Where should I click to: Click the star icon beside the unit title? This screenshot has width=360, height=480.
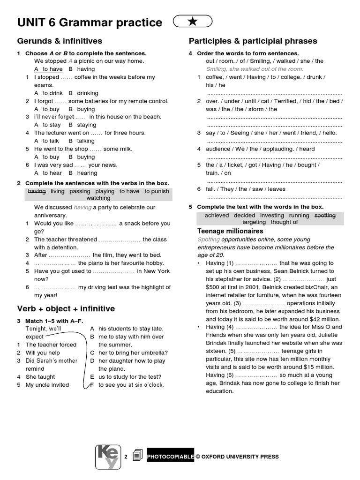pos(193,21)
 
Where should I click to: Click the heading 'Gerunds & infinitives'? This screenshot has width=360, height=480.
pos(60,41)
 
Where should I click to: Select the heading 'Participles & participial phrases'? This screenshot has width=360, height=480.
pos(253,41)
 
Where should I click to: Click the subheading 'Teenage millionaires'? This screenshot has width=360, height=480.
pos(230,231)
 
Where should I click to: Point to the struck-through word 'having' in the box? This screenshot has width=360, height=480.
pos(37,191)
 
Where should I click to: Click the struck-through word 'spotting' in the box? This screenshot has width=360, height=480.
pos(325,215)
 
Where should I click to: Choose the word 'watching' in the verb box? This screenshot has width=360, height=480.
pos(98,198)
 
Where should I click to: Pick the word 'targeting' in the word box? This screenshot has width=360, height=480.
pos(254,222)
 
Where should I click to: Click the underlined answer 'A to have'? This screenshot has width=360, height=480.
pos(48,69)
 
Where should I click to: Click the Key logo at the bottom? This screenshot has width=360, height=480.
pos(108,456)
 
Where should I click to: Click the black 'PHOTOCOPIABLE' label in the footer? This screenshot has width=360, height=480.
pos(170,457)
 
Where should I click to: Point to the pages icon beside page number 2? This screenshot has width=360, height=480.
pos(137,456)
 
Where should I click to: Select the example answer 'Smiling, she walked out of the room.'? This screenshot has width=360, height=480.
pos(255,68)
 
